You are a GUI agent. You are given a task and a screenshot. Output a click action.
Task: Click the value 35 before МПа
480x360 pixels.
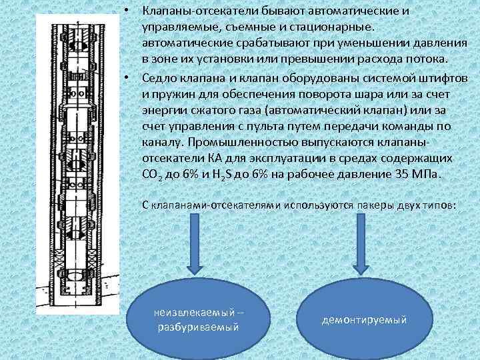pos(397,174)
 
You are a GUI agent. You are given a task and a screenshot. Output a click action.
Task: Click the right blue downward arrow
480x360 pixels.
pos(361,247)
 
